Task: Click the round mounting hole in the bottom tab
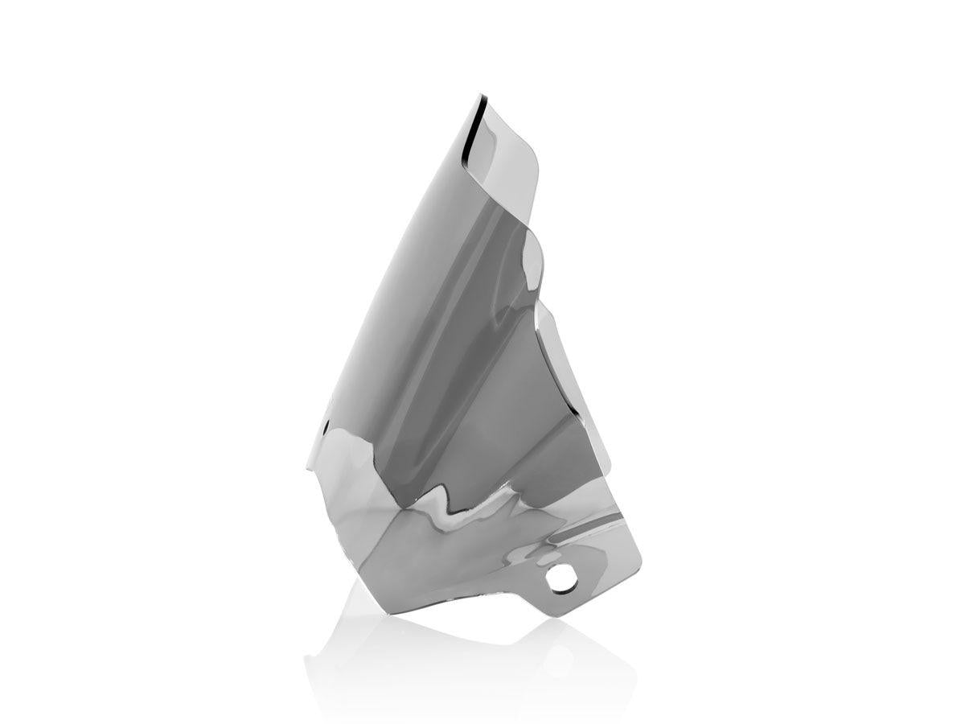tap(556, 576)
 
